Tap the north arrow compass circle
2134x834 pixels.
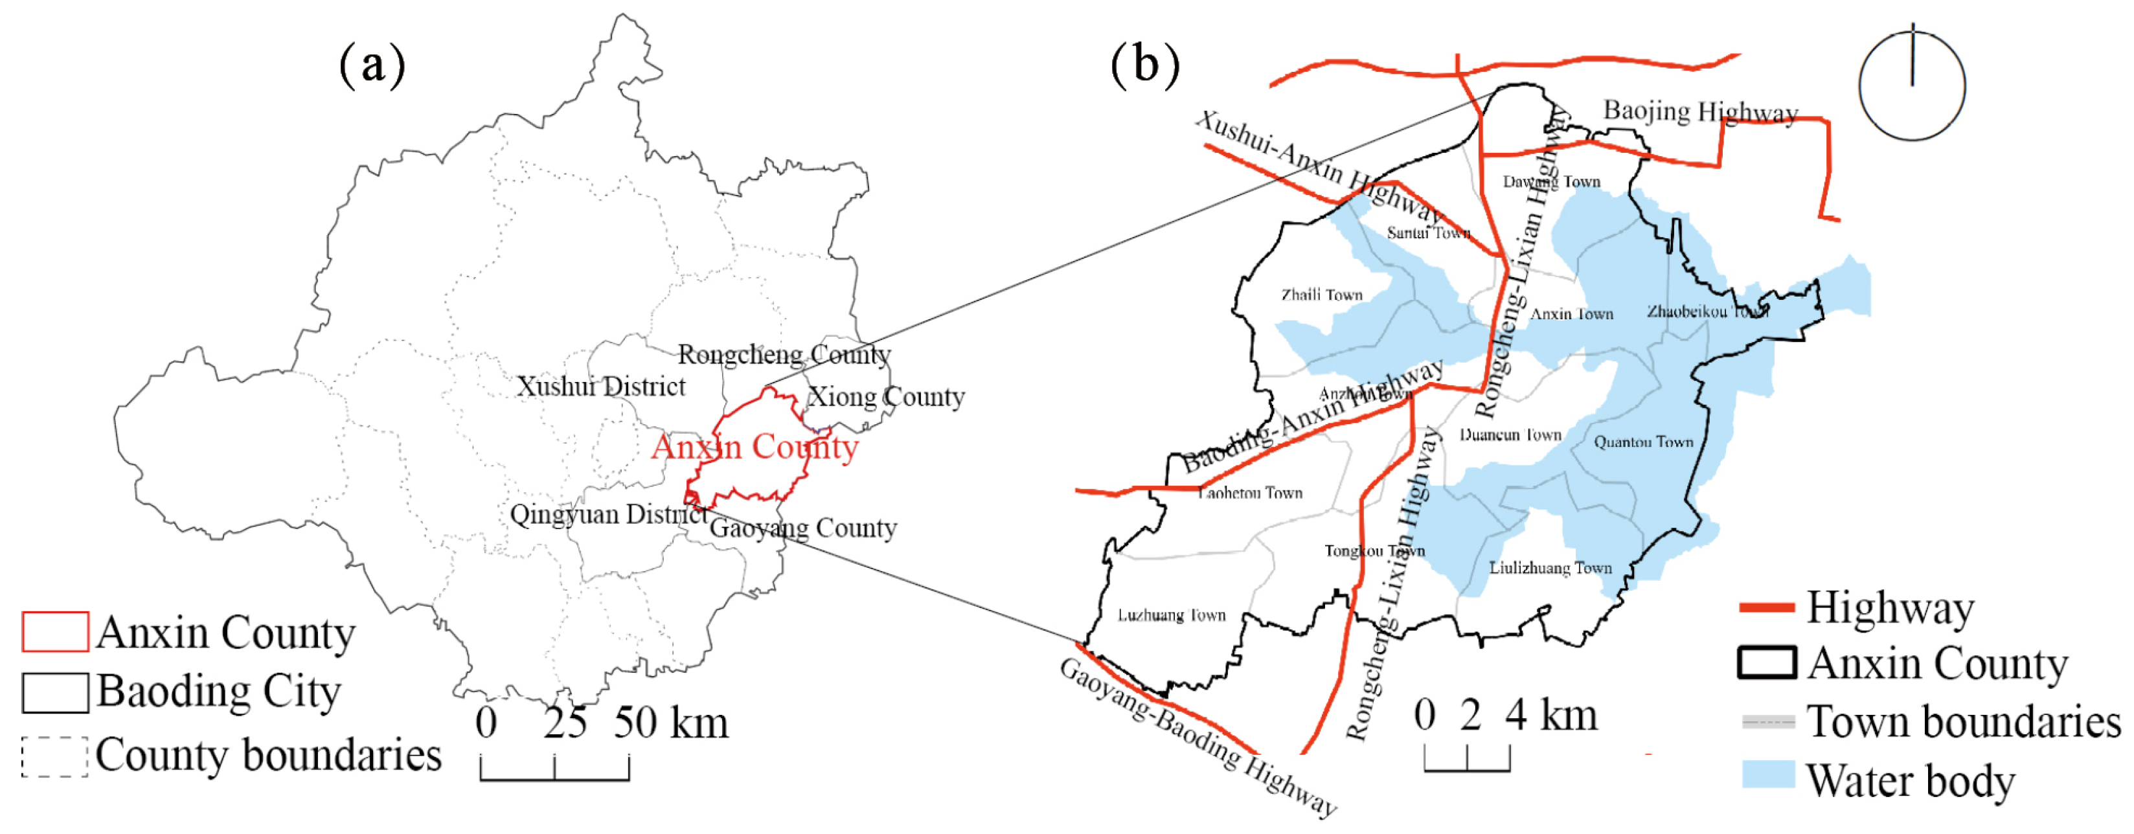pos(1911,86)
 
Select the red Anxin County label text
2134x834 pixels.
pos(755,447)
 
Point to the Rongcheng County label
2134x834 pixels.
pos(784,354)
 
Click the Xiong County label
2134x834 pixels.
pos(885,397)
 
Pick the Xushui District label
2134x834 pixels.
pos(600,386)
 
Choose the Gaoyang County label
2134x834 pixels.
pos(804,528)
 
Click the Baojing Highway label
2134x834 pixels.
pos(1700,112)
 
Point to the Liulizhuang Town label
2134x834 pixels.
pos(1550,568)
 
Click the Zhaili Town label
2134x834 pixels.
pos(1321,295)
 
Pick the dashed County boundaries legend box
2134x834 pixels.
pos(54,757)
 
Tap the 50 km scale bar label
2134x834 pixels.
pos(671,723)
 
